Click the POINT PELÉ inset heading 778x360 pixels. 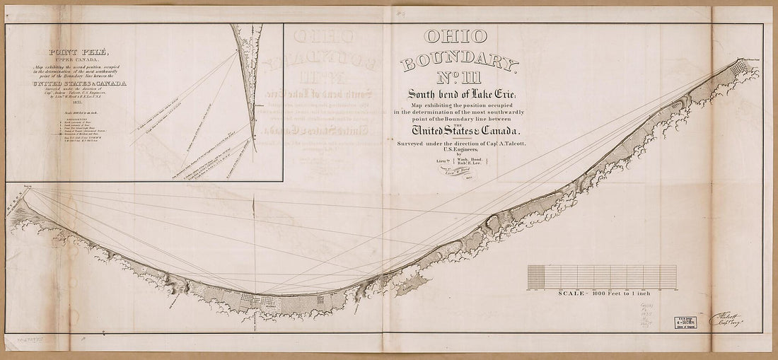tap(78, 52)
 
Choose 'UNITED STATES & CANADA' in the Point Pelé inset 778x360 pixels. tap(79, 84)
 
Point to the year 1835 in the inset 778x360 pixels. tap(78, 103)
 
